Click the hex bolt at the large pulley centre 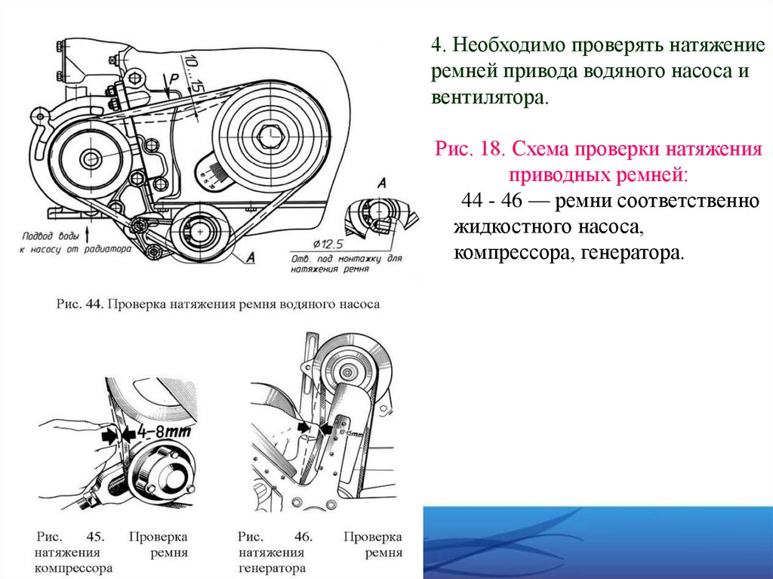(269, 136)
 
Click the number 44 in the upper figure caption (93, 305)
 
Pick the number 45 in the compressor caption (94, 537)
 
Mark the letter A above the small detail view (381, 183)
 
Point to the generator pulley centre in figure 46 (346, 373)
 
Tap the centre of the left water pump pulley (91, 159)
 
